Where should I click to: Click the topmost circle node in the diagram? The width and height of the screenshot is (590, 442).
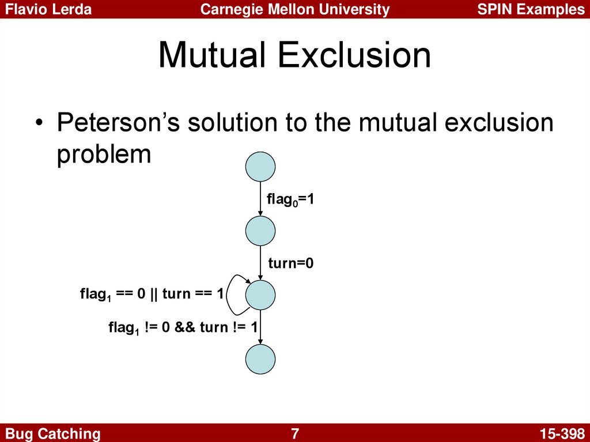(x=260, y=167)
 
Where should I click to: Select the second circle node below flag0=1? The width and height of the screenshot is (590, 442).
(x=260, y=231)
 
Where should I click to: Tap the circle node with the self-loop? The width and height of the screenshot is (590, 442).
(x=260, y=295)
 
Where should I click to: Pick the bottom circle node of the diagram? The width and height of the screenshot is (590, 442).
(x=260, y=359)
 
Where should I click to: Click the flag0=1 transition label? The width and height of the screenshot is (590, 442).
(x=290, y=199)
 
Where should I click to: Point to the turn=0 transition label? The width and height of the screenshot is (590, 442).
(x=291, y=263)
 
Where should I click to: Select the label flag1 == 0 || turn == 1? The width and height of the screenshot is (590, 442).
(x=152, y=294)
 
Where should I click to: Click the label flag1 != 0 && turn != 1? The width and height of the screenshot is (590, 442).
(x=183, y=327)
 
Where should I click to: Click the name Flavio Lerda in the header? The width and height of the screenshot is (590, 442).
(x=48, y=9)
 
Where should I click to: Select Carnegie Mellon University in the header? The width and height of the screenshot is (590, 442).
(x=295, y=9)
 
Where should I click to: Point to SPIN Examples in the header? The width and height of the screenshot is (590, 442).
(x=531, y=9)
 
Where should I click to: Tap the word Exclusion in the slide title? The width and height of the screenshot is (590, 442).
(x=354, y=55)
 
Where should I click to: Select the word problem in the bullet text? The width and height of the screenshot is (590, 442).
(x=104, y=154)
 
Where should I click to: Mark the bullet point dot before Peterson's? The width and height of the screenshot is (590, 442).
(x=39, y=124)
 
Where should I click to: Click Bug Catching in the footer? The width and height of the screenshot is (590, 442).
(x=53, y=434)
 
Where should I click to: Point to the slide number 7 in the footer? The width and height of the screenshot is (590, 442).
(x=295, y=433)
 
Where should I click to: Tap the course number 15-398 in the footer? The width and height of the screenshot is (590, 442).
(x=562, y=433)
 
